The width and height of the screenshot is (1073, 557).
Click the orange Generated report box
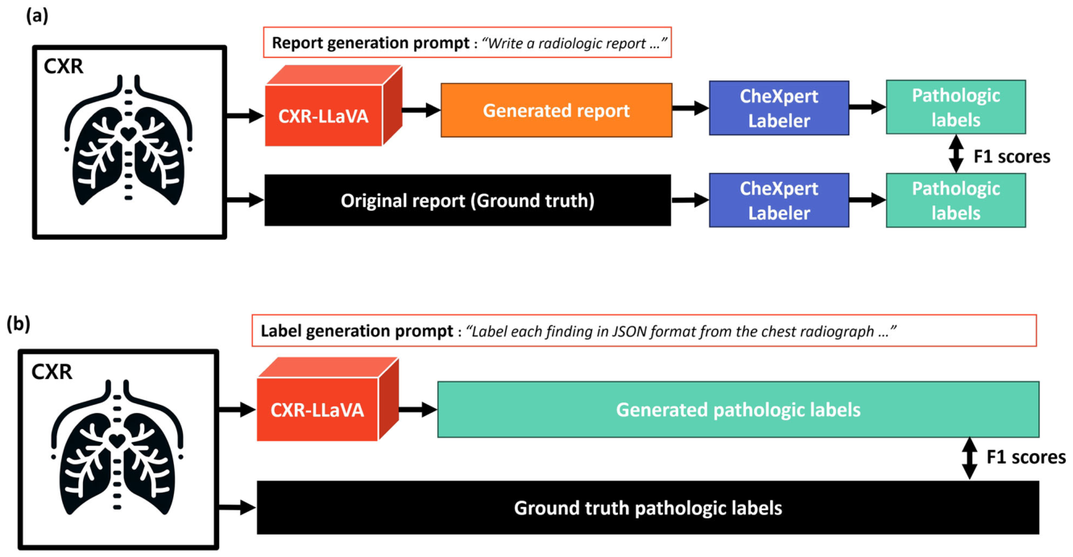click(x=556, y=110)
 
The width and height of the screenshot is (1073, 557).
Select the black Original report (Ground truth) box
click(x=467, y=200)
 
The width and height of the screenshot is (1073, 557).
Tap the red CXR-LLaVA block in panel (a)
click(x=333, y=105)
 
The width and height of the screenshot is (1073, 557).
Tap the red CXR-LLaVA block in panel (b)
click(x=328, y=399)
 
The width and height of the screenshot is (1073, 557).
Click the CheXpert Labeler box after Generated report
click(x=779, y=108)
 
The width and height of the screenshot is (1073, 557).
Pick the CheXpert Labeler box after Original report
click(x=779, y=200)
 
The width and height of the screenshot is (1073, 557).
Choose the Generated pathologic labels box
click(x=738, y=410)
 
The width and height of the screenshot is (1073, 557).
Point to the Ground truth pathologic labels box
click(x=648, y=508)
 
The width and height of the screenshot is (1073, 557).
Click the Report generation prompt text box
click(x=467, y=43)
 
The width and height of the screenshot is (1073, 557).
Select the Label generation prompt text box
click(x=644, y=331)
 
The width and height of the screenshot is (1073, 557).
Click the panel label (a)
click(x=37, y=16)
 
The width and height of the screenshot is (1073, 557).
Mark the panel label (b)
click(x=19, y=324)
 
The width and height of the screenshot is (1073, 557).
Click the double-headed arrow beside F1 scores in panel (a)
click(x=956, y=154)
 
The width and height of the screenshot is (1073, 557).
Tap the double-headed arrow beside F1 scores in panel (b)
click(x=970, y=459)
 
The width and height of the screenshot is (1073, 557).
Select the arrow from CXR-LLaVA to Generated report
click(x=421, y=110)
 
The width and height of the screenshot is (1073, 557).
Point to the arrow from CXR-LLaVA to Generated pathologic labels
click(x=418, y=410)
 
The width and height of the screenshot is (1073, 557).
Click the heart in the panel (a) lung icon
click(x=128, y=134)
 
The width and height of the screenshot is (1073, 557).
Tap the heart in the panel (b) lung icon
click(x=117, y=440)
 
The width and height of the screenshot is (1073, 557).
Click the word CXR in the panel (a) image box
click(x=63, y=66)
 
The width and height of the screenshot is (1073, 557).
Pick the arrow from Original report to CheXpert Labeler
click(x=690, y=200)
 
